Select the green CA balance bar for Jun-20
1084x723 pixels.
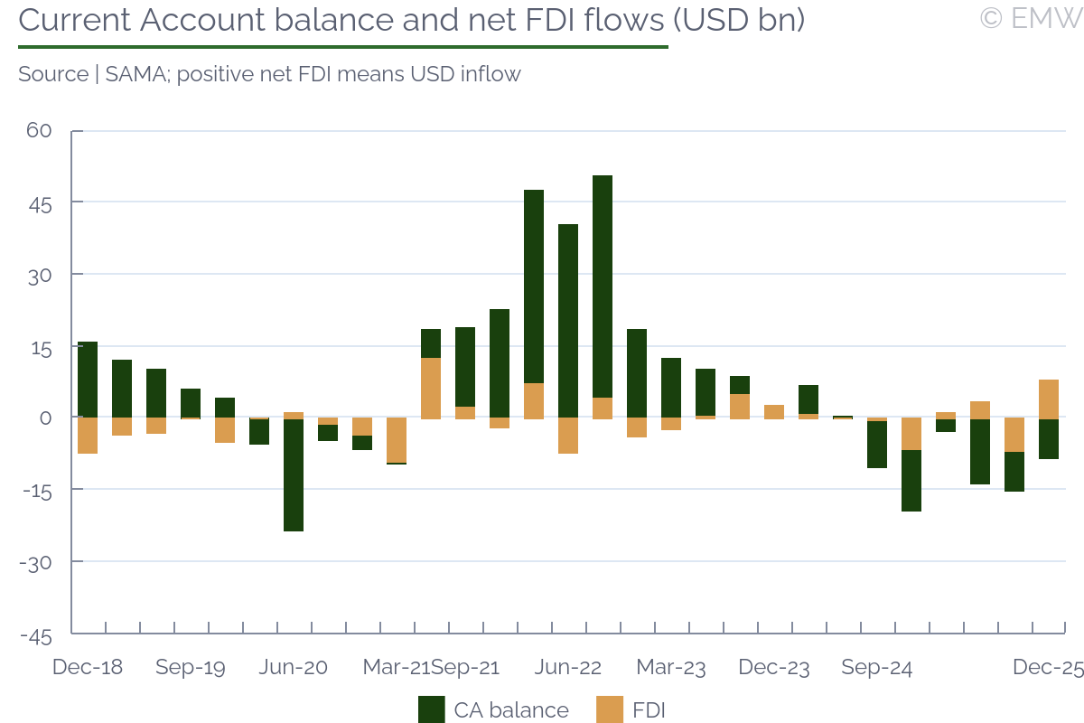point(294,474)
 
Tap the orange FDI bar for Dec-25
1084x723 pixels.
point(1049,399)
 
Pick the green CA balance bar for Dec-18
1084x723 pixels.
point(88,380)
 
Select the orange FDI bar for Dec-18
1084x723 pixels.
point(88,435)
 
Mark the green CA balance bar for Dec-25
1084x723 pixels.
point(1049,439)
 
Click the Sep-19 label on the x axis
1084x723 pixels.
point(191,668)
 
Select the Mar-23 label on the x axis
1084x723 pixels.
point(671,668)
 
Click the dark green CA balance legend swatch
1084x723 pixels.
point(432,710)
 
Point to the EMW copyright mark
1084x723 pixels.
point(1030,18)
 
